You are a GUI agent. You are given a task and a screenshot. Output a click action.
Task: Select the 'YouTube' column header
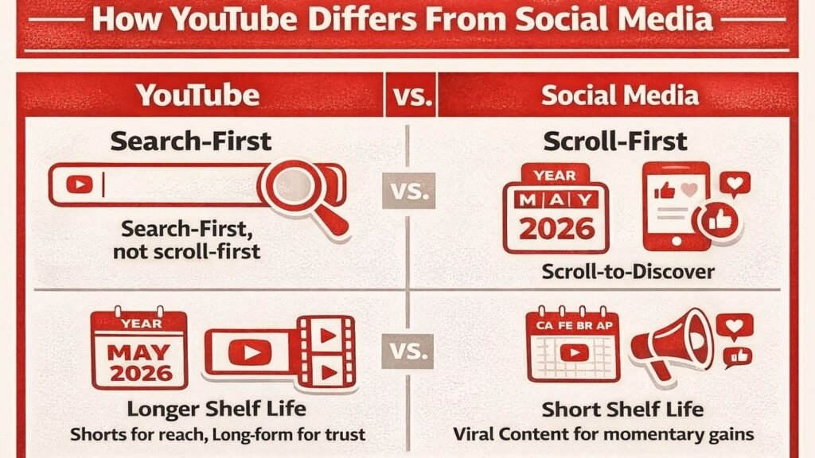[x=198, y=95]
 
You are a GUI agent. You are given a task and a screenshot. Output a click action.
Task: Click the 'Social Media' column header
[x=620, y=95]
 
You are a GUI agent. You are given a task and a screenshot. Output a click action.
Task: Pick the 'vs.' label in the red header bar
[x=411, y=96]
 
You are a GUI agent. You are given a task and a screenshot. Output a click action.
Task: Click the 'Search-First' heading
[x=191, y=142]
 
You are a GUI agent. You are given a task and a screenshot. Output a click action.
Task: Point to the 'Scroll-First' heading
[x=614, y=142]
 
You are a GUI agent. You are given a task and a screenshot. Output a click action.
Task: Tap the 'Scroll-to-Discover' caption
[x=628, y=271]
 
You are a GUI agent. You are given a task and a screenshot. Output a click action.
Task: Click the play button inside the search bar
[x=79, y=185]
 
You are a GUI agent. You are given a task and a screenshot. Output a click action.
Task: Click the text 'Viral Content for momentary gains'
[x=604, y=434]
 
